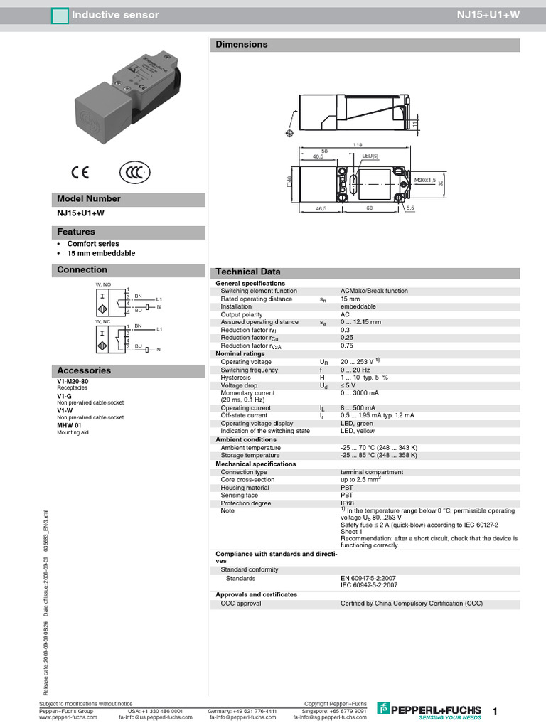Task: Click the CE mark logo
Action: point(78,172)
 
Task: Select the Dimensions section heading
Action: point(241,45)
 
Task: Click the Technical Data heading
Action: point(248,272)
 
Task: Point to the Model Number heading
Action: point(89,199)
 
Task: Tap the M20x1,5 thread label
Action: point(425,180)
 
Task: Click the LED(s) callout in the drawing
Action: point(370,156)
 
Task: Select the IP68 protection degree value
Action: point(348,503)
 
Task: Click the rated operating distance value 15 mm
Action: point(350,299)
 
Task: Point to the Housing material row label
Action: point(245,488)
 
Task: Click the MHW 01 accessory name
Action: point(69,425)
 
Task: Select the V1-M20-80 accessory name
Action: point(73,382)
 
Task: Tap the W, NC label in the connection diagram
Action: point(104,321)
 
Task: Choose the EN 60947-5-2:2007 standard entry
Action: point(369,578)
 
